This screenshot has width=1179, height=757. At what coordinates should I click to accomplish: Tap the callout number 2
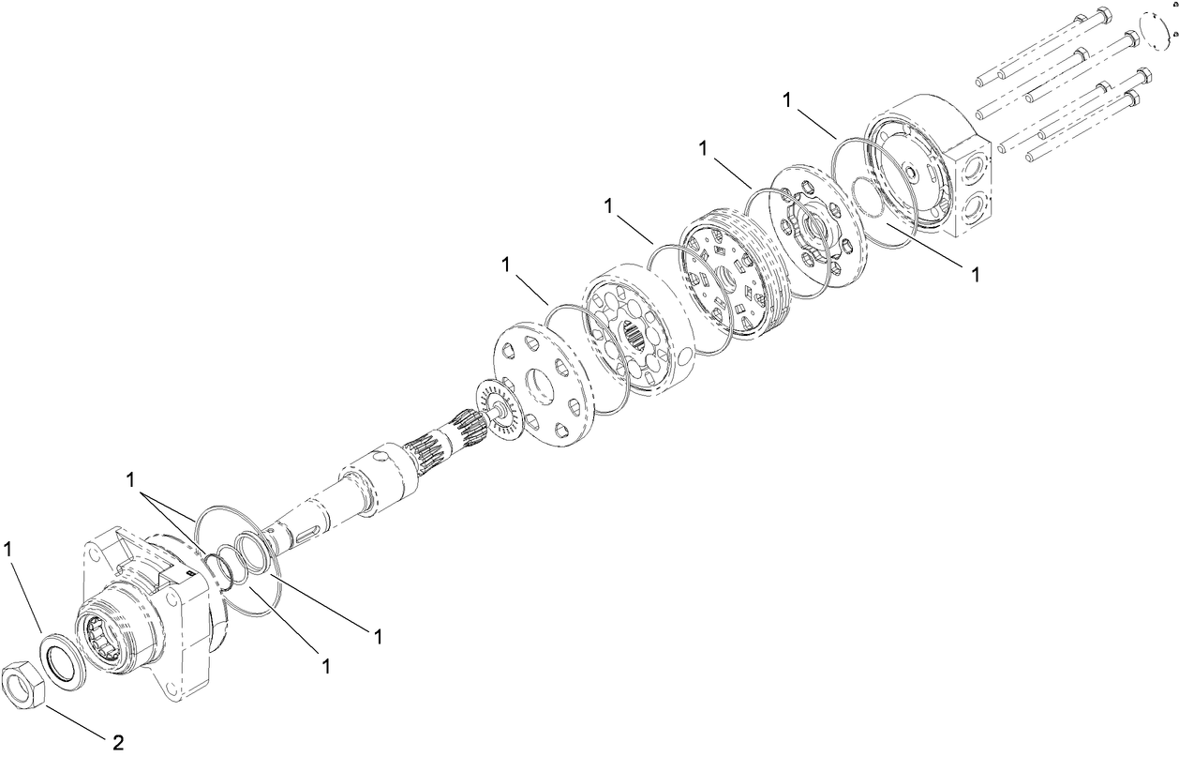click(118, 743)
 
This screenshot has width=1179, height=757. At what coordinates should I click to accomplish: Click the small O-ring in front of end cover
click(869, 196)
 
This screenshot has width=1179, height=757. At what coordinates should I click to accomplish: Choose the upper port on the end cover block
click(973, 169)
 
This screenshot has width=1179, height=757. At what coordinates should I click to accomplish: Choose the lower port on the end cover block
click(974, 211)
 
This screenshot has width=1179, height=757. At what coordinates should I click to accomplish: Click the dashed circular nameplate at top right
click(1157, 33)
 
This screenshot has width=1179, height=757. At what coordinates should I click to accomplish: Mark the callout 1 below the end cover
click(975, 275)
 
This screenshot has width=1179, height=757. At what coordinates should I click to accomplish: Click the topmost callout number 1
click(787, 99)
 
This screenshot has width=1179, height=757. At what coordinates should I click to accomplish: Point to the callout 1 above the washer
click(7, 549)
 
